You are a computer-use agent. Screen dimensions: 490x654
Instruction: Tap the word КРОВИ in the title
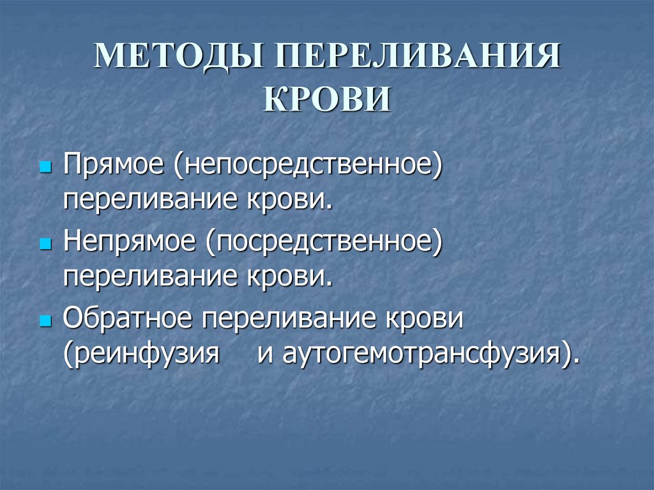(x=326, y=100)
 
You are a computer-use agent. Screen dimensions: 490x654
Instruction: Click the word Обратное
(x=126, y=318)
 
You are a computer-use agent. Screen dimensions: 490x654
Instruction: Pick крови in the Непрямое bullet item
(x=288, y=277)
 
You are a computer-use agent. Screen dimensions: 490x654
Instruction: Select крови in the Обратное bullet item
(x=428, y=318)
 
